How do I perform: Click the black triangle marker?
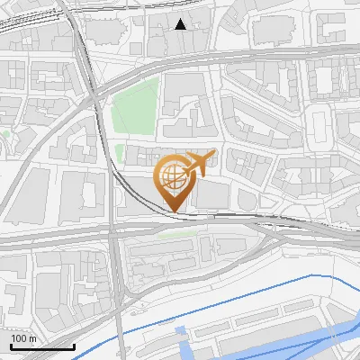click(x=181, y=24)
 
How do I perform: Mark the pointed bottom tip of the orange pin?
click(x=173, y=212)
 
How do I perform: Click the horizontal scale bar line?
click(x=42, y=346)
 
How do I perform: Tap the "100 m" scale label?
click(x=23, y=338)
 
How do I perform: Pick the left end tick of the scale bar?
click(x=11, y=345)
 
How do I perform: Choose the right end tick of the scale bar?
click(x=74, y=345)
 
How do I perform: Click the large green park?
click(x=135, y=106)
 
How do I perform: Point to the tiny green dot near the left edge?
click(x=5, y=135)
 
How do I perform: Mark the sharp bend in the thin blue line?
click(x=312, y=274)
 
